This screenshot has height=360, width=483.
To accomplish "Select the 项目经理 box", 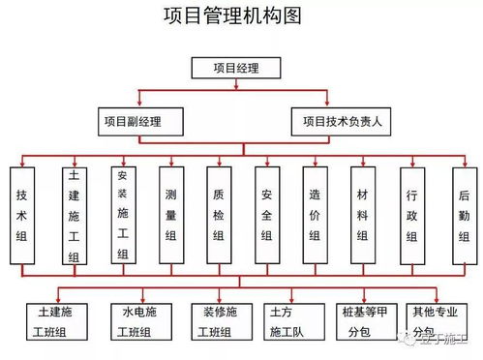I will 236,68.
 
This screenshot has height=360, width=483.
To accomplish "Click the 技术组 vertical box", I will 23,215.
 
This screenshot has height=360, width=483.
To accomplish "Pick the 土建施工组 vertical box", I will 73,216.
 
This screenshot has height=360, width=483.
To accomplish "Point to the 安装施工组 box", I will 122,216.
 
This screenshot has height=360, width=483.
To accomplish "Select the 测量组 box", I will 170,215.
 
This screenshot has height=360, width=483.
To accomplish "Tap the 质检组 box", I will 219,215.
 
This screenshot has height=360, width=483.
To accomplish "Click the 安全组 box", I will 266,215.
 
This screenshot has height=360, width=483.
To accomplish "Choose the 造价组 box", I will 315,215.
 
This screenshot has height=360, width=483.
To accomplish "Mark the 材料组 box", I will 363,215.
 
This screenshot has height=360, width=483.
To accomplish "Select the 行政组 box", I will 411,215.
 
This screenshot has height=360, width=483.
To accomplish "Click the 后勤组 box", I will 464,215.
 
